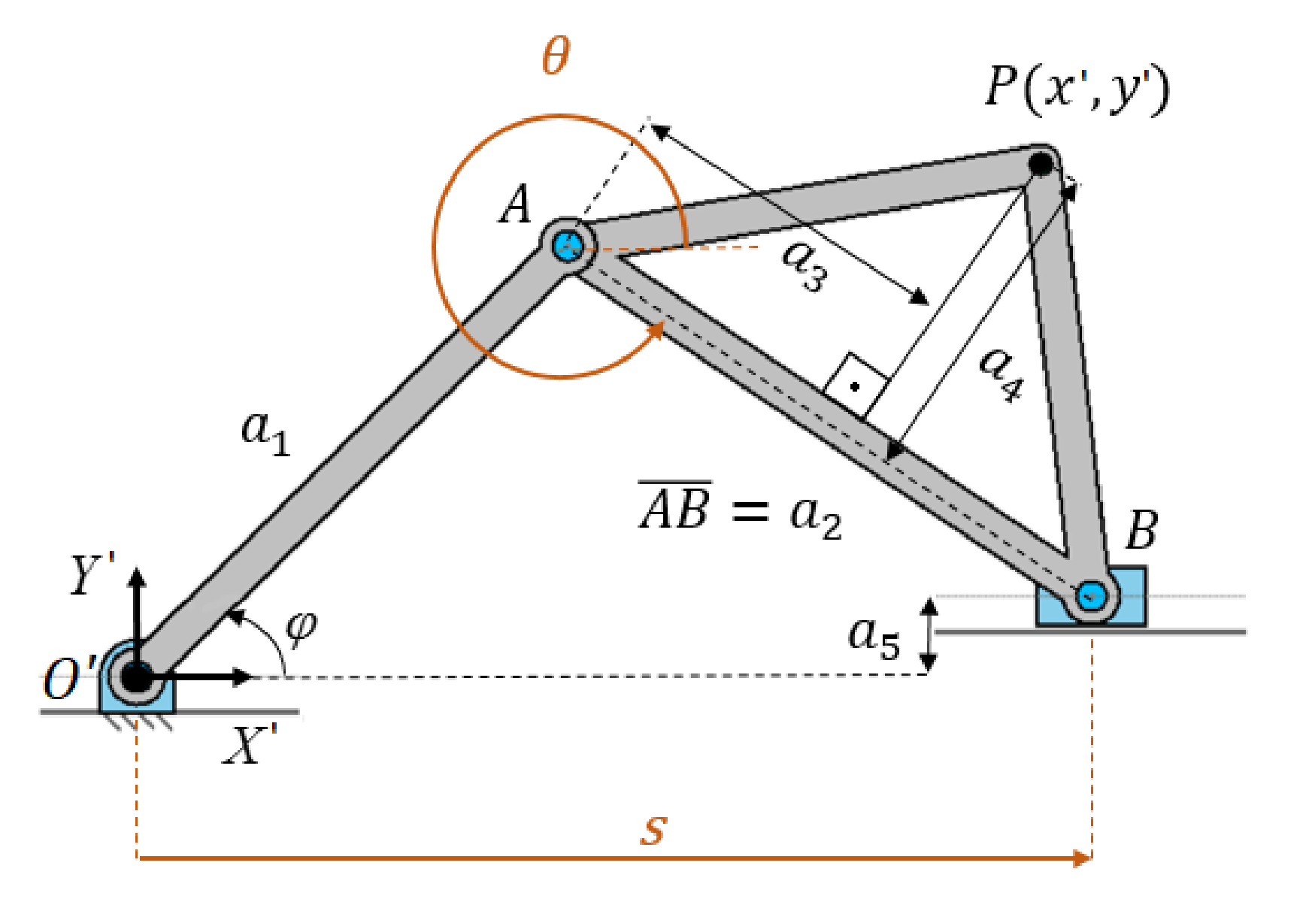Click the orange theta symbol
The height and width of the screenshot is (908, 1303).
[556, 56]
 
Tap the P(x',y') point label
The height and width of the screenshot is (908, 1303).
[1077, 89]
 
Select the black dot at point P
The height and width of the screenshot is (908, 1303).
[1041, 163]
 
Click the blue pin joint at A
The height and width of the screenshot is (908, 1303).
[568, 245]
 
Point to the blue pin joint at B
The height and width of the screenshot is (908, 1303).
[1090, 596]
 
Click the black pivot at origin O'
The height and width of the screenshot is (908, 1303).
[136, 676]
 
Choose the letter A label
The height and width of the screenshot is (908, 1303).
[516, 204]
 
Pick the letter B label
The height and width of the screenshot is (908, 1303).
[1141, 530]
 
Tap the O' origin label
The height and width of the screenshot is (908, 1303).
[70, 679]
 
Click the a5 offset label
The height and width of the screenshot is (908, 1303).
[874, 636]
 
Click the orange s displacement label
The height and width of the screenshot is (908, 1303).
[653, 830]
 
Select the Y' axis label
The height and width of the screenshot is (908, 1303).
[92, 575]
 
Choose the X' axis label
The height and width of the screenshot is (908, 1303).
[250, 746]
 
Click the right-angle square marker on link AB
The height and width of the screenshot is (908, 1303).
[856, 386]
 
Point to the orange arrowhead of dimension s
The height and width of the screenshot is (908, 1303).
[1083, 858]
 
